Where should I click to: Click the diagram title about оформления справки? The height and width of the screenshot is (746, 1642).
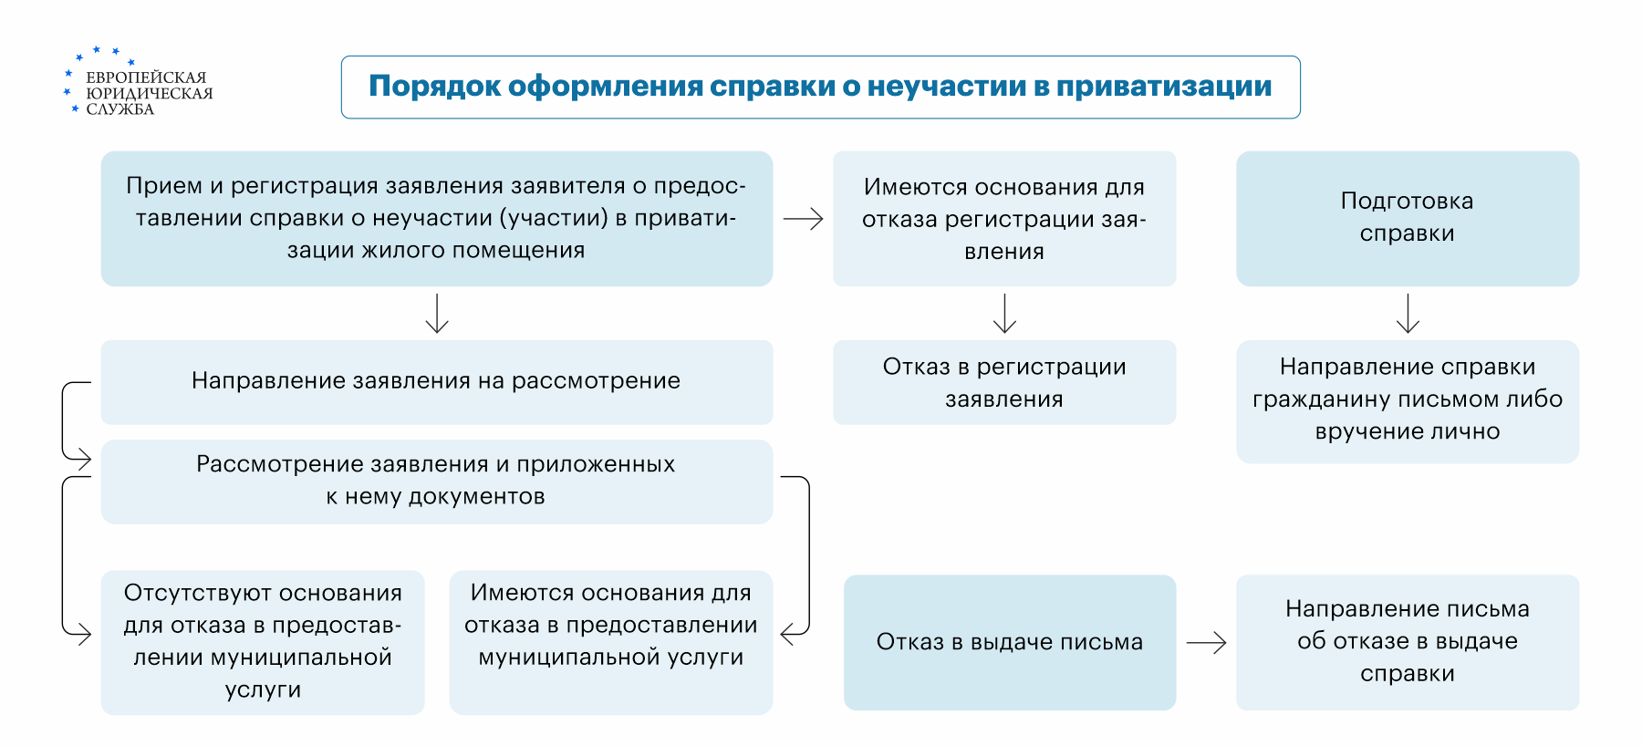[x=819, y=87]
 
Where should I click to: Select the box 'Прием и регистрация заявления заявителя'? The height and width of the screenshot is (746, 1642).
[x=436, y=218]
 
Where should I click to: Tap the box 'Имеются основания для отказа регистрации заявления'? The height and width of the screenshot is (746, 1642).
[x=1003, y=219]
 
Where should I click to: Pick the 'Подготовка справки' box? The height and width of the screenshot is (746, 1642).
[x=1407, y=218]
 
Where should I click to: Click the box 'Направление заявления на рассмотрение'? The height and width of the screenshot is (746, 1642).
[x=436, y=381]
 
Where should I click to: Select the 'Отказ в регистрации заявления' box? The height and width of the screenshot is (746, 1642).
[x=1003, y=382]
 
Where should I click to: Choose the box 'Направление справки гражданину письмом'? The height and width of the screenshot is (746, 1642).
[x=1407, y=400]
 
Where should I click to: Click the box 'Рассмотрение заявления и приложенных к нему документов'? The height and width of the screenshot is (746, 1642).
[x=436, y=481]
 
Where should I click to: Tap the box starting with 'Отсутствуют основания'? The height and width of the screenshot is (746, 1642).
[x=263, y=641]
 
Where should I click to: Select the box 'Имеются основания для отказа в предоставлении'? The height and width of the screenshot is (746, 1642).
[x=610, y=641]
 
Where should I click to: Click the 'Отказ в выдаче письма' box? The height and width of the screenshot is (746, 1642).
[x=1009, y=642]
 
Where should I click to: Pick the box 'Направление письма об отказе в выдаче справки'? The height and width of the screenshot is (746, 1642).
[x=1407, y=641]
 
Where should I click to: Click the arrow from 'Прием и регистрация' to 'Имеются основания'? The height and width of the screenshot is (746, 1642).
[x=803, y=219]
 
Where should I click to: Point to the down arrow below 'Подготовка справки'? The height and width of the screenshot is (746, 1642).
[x=1408, y=314]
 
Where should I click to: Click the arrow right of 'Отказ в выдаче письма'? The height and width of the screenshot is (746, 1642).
[x=1206, y=643]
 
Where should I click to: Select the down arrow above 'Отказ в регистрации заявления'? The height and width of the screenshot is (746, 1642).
[x=1004, y=314]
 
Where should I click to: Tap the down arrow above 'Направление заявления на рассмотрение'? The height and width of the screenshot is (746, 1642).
[x=437, y=314]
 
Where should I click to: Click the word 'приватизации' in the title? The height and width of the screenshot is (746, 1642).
[x=1164, y=87]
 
